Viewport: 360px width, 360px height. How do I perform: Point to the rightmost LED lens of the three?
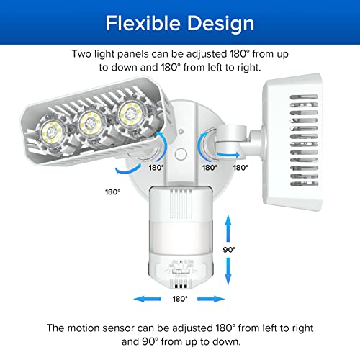(x=130, y=112)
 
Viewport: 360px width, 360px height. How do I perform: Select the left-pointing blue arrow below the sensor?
(x=137, y=299)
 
